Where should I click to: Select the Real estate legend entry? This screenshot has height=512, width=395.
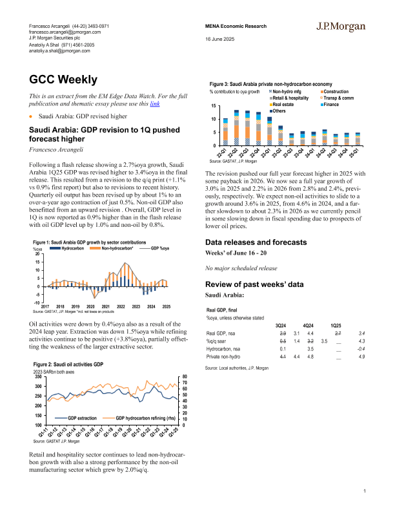tap(283, 104)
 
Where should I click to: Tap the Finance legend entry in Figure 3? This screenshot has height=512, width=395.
tap(330, 104)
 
